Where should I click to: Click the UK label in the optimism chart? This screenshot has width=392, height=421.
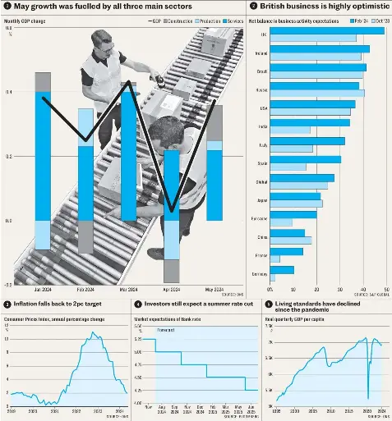tap(263, 34)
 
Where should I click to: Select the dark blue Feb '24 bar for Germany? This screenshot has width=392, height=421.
tap(282, 269)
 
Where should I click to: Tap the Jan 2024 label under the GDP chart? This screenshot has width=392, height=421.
tap(44, 290)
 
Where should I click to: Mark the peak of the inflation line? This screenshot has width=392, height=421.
tap(94, 333)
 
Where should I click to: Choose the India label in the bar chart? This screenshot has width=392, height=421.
tap(261, 126)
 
